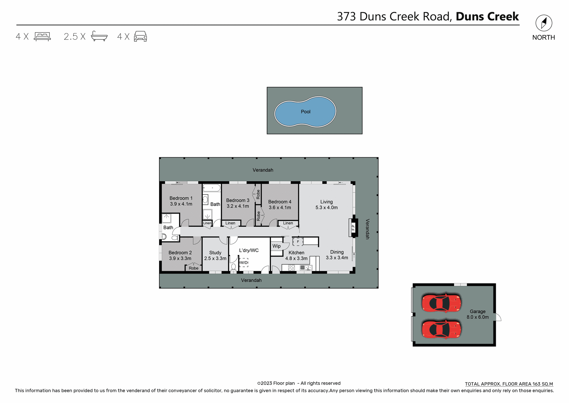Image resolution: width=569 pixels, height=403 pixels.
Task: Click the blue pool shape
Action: (x=305, y=112)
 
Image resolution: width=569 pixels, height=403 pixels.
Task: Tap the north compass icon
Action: (x=544, y=23)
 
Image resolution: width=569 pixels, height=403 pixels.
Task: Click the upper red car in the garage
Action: (x=441, y=303)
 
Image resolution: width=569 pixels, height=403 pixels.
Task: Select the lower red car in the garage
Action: (x=441, y=329)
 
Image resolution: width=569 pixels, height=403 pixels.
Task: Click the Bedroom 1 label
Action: (x=181, y=198)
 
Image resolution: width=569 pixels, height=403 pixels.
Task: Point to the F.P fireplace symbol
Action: (x=353, y=228)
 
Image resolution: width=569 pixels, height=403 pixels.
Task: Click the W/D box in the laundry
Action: (x=244, y=262)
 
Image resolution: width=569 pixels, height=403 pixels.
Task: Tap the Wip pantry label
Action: (x=276, y=246)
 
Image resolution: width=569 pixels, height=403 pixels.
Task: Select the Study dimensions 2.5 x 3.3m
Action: (x=215, y=258)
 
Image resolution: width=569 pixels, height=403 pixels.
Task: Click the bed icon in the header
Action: (x=42, y=36)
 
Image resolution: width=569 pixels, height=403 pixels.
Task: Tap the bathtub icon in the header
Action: (x=99, y=36)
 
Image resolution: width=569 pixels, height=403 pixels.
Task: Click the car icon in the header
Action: (x=140, y=36)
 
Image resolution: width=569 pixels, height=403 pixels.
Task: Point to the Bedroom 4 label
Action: (x=279, y=202)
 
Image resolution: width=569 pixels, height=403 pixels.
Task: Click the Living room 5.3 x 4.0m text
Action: (x=326, y=208)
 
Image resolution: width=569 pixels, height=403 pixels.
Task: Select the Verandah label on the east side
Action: (x=367, y=229)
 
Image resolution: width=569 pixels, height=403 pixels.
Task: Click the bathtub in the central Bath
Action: (x=212, y=188)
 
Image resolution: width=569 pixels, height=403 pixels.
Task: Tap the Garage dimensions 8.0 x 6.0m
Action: (x=477, y=317)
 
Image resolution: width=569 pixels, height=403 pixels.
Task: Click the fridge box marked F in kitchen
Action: (x=298, y=242)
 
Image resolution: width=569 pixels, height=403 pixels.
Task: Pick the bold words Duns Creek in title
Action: (x=487, y=16)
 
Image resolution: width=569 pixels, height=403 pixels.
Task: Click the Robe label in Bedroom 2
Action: (x=194, y=268)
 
